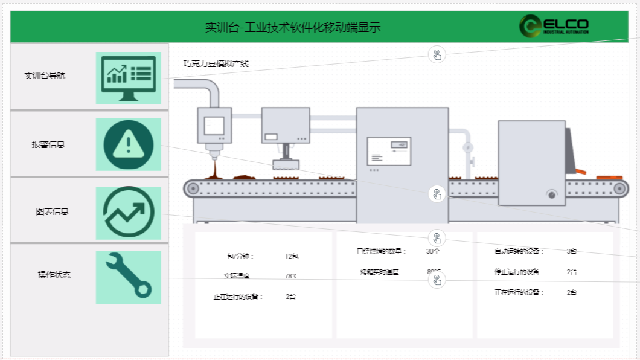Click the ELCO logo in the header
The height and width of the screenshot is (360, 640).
click(x=554, y=25)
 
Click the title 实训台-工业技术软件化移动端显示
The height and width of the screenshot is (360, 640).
click(x=293, y=27)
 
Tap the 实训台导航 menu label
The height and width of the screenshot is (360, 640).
click(x=45, y=76)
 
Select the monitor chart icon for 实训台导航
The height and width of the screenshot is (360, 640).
click(x=129, y=78)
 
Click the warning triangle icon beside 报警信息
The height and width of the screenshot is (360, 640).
click(x=129, y=144)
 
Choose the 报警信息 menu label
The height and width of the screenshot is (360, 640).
click(x=48, y=144)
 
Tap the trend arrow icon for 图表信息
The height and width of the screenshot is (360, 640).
click(x=129, y=213)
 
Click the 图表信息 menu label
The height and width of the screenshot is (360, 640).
click(x=52, y=212)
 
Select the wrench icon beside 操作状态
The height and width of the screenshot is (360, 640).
click(x=129, y=277)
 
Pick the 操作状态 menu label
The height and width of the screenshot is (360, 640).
click(x=54, y=275)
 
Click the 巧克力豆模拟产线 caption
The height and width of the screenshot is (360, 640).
click(x=216, y=63)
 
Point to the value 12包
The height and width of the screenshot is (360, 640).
click(x=292, y=256)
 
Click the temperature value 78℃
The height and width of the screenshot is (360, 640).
click(x=292, y=276)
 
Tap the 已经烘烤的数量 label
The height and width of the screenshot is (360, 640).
click(x=382, y=251)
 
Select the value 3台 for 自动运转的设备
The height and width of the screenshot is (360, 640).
click(x=572, y=251)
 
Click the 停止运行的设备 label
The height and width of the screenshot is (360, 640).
click(x=519, y=272)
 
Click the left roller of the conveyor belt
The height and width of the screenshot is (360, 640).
click(x=193, y=188)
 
